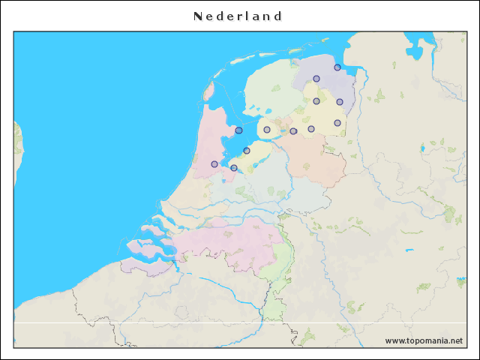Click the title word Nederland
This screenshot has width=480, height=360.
pyautogui.click(x=237, y=16)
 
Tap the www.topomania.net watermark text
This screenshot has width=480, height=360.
pyautogui.click(x=424, y=340)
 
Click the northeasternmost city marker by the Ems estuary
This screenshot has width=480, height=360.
pyautogui.click(x=337, y=67)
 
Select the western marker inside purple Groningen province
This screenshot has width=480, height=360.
pyautogui.click(x=316, y=79)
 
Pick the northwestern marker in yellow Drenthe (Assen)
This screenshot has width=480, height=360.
pyautogui.click(x=316, y=101)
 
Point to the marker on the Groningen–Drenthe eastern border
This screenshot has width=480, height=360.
pyautogui.click(x=340, y=102)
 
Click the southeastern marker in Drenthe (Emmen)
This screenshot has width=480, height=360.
pyautogui.click(x=337, y=123)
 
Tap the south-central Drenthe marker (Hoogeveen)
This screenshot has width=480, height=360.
pyautogui.click(x=311, y=129)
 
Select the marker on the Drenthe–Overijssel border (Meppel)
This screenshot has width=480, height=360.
pyautogui.click(x=293, y=131)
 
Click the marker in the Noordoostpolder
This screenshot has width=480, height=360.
pyautogui.click(x=267, y=130)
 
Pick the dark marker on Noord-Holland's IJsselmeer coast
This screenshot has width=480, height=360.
pyautogui.click(x=238, y=130)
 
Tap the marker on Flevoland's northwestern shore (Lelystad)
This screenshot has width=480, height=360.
pyautogui.click(x=247, y=151)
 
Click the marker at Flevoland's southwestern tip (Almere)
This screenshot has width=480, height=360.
pyautogui.click(x=234, y=168)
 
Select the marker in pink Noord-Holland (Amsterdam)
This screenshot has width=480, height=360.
pyautogui.click(x=214, y=163)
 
